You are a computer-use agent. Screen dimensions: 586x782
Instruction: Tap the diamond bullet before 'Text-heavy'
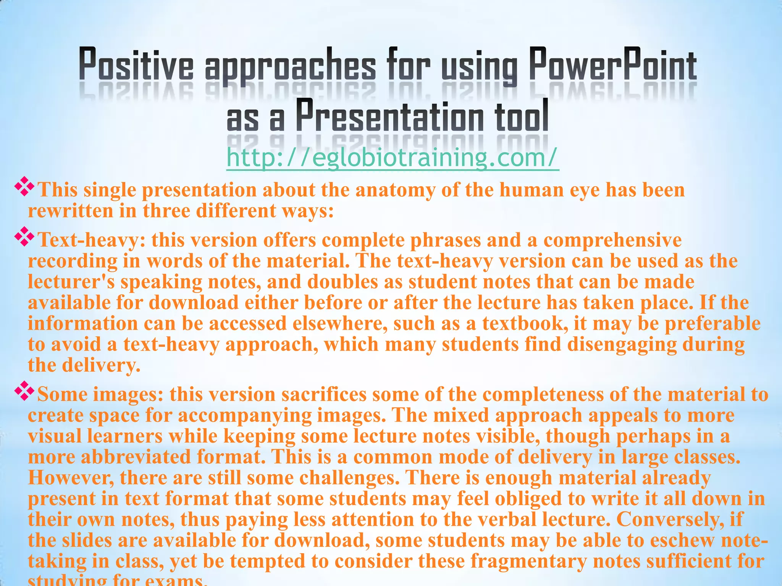click(x=24, y=237)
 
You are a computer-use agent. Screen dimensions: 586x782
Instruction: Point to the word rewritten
click(x=71, y=211)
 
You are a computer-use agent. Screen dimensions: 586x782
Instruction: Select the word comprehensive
click(x=612, y=240)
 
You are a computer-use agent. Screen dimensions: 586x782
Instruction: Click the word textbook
click(x=525, y=324)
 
